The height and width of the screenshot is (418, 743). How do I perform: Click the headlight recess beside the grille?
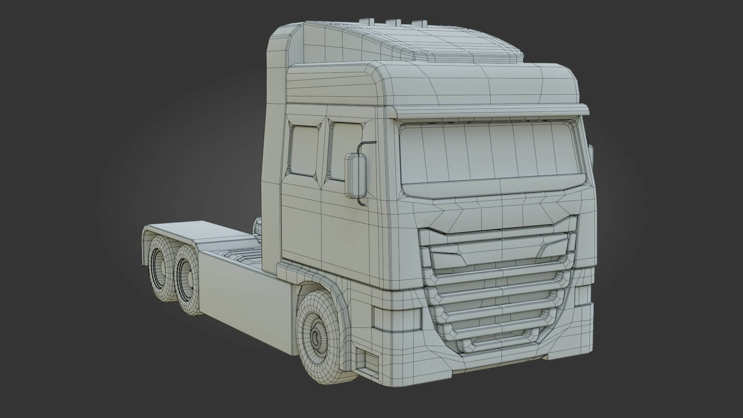[397, 319]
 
